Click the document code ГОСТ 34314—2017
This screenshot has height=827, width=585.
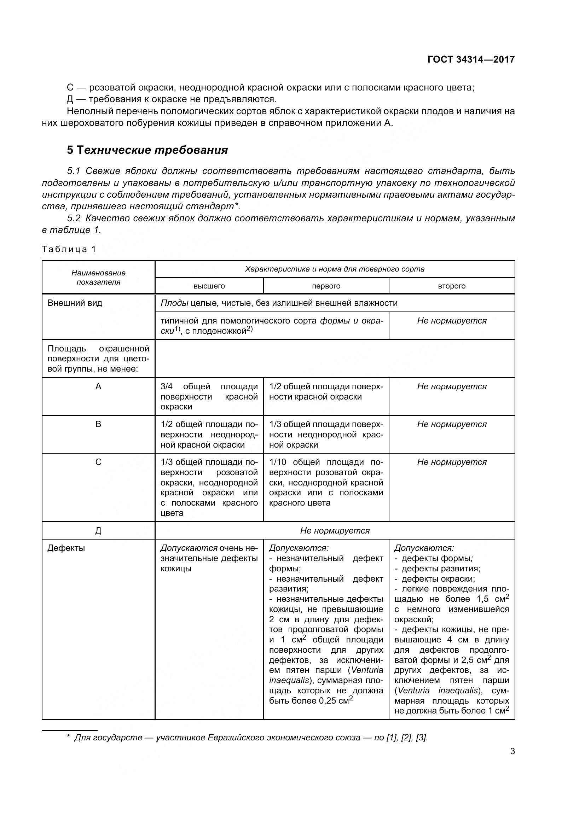point(471,59)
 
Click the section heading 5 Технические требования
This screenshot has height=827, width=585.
point(147,150)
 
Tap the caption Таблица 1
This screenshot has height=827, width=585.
point(69,249)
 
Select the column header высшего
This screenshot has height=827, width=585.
point(209,286)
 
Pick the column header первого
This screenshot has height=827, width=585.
point(326,286)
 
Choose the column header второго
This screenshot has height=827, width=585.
point(451,286)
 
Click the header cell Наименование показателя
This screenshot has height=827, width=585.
point(98,277)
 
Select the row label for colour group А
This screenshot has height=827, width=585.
point(98,386)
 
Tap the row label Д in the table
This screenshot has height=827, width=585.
point(98,531)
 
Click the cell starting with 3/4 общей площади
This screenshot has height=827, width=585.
point(209,396)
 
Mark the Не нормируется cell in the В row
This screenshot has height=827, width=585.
point(451,424)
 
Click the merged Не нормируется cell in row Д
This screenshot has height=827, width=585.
point(335,531)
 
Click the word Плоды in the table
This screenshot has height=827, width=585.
point(174,303)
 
